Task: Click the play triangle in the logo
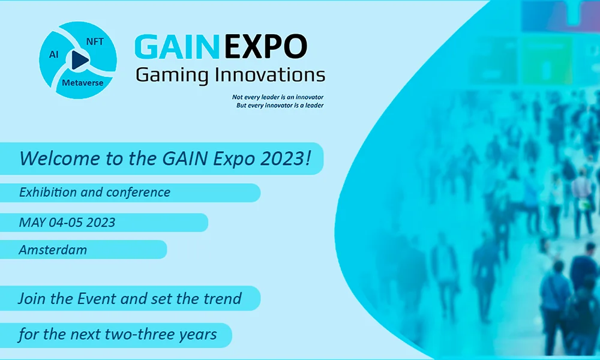pos(79,59)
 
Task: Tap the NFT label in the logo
pos(95,42)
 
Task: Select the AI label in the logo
pos(54,55)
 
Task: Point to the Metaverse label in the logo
pos(83,83)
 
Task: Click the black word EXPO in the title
pos(266,47)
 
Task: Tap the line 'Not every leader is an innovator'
pos(278,97)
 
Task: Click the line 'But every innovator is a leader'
pos(280,105)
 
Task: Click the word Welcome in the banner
pos(59,158)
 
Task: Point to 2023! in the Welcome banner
pos(286,158)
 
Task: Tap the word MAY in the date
pos(32,223)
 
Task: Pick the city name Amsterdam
pos(53,250)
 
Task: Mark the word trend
pos(223,298)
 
